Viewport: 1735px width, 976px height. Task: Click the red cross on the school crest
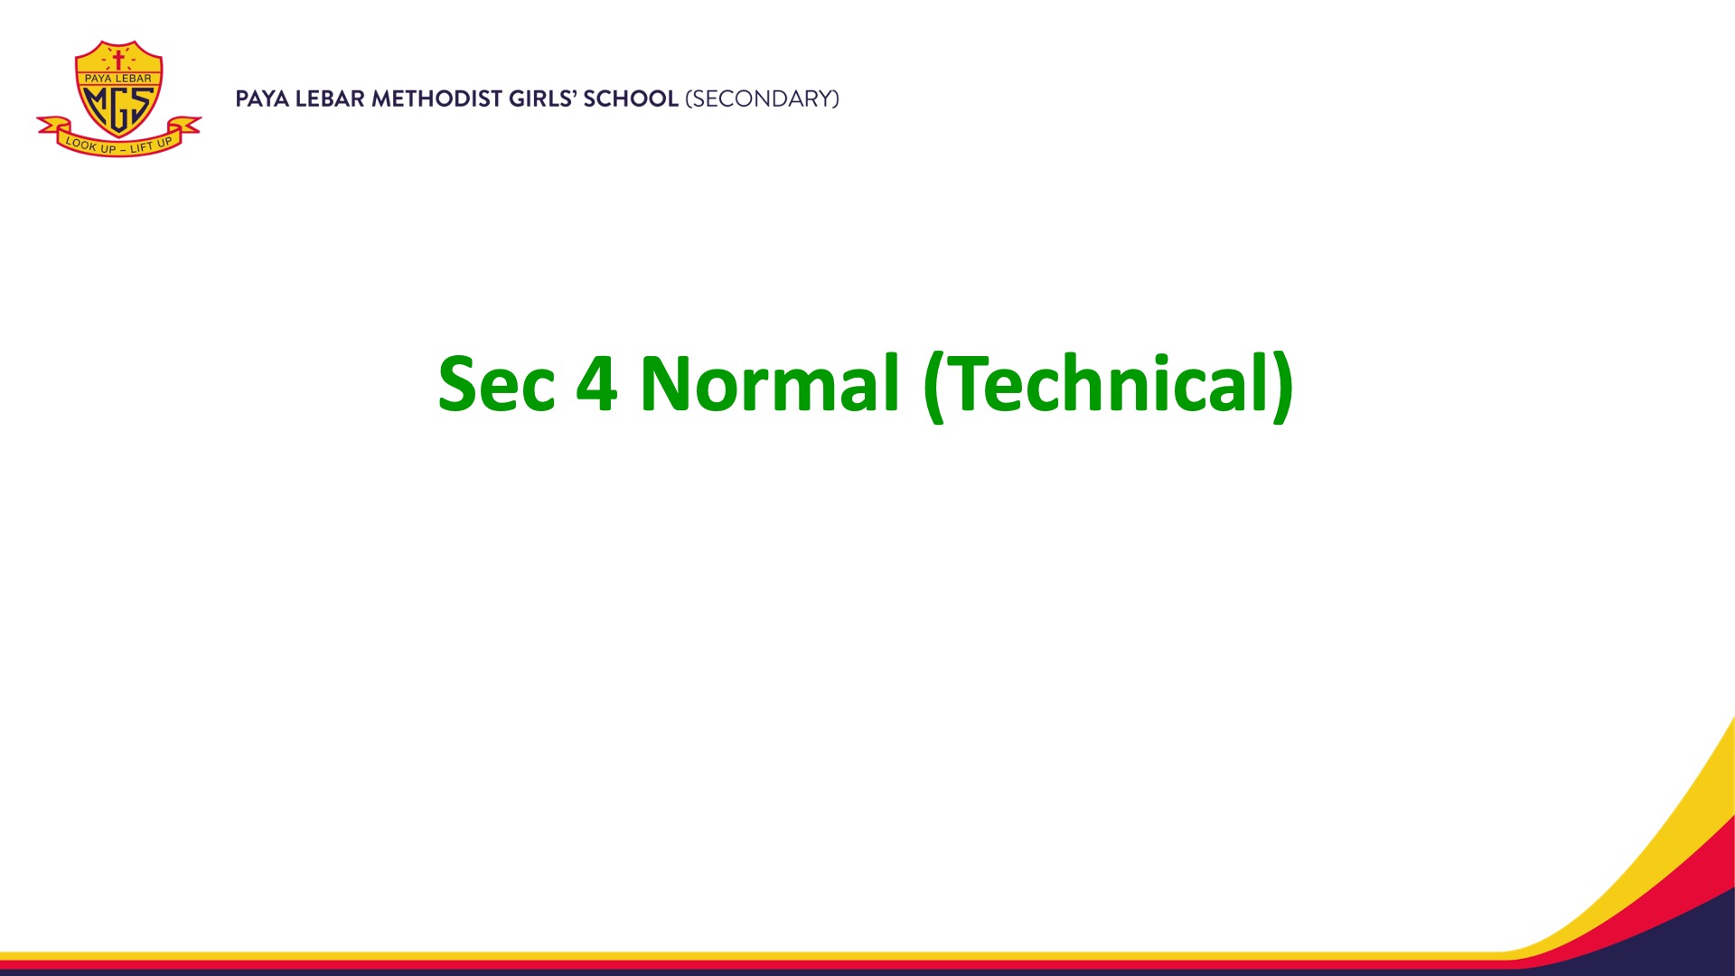117,61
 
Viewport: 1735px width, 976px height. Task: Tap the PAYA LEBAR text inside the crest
118,79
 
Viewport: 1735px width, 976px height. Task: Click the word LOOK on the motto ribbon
80,143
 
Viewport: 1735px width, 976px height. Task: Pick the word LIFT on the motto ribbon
143,146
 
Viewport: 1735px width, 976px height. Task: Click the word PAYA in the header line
262,99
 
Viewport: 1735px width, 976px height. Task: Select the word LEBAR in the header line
331,99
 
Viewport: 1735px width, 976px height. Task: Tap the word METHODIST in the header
436,99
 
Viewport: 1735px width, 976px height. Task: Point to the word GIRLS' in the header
542,99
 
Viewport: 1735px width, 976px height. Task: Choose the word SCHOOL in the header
631,99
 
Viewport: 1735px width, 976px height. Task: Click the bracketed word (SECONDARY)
763,99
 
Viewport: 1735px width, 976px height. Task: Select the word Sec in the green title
496,384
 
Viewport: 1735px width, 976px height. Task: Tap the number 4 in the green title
596,384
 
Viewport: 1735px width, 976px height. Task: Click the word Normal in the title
770,383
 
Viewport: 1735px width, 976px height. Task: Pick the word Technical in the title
1107,383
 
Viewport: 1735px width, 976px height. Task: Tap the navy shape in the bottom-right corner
1690,940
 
